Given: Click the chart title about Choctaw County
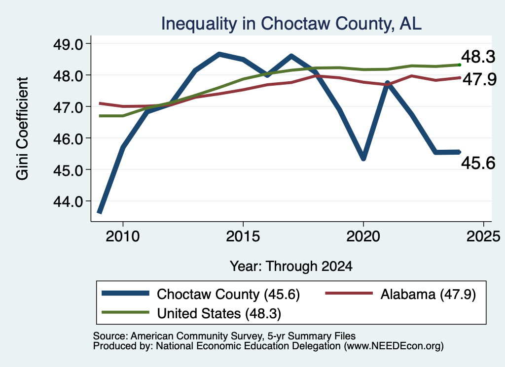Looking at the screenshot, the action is point(291,24).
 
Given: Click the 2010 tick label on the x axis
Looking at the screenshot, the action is point(123,236).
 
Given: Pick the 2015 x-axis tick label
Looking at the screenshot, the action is point(243,236).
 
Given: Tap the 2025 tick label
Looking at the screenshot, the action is point(483,236).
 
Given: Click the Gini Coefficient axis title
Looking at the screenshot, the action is point(22,129).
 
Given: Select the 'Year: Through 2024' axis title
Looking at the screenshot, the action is point(291,267).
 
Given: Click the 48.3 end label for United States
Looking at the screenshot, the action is point(478,57).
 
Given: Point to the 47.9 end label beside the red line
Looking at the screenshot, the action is point(479,79).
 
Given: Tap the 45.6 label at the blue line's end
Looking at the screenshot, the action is point(478,164).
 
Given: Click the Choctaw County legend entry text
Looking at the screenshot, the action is point(228,294).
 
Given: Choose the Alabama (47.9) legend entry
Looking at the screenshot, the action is point(428,294).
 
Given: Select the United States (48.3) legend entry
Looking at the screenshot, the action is point(219,314).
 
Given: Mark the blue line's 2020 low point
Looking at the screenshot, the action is point(363,158).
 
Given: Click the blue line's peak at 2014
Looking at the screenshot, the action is point(219,54).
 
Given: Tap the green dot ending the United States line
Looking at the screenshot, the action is point(460,65).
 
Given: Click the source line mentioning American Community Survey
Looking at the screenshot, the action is point(224,336).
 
